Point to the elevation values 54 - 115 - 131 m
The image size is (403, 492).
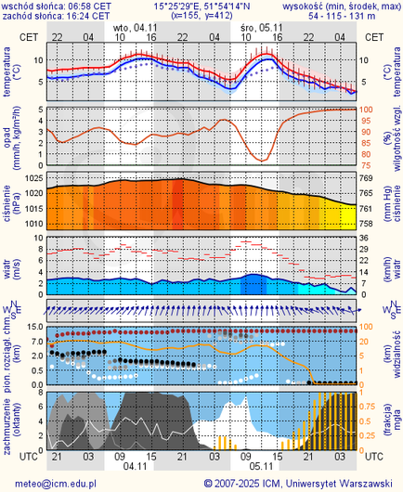pos(344,16)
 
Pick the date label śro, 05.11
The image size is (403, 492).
pos(256,29)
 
